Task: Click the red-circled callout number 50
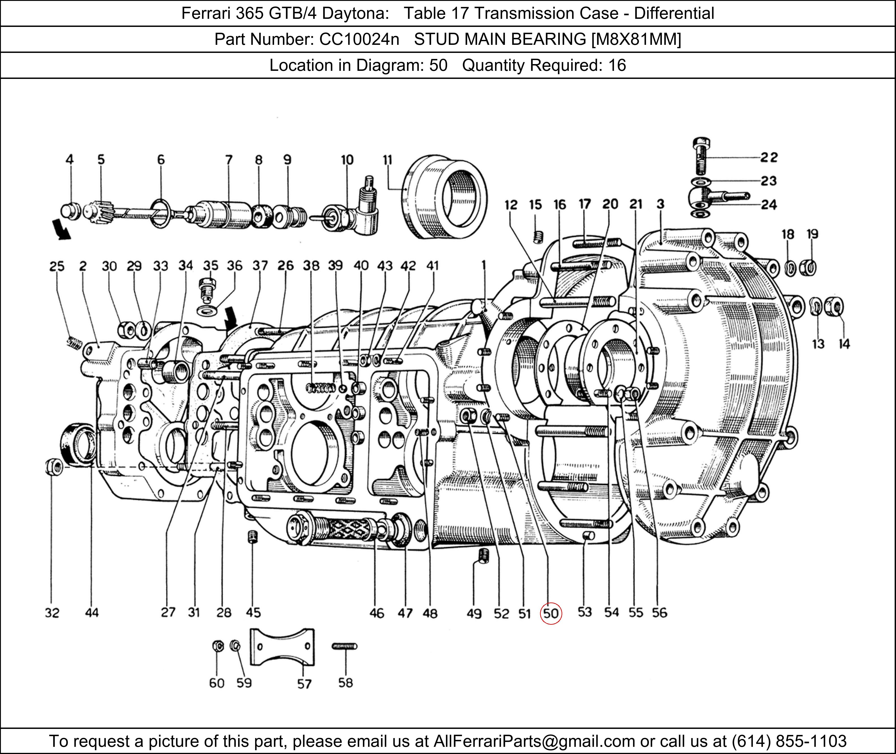551,613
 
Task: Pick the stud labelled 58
344,646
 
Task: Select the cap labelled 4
71,211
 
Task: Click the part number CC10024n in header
359,39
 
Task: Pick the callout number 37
260,266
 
